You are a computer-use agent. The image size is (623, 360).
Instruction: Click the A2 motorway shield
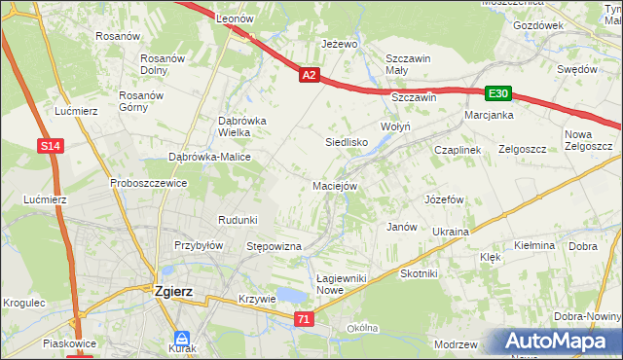(309, 75)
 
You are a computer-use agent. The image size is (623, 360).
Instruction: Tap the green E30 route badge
(498, 92)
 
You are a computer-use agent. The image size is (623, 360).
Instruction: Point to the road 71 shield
(305, 319)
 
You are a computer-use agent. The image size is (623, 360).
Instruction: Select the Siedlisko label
(346, 142)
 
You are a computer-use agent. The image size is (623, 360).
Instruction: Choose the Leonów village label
(234, 18)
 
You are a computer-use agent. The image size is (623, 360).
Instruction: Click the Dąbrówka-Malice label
(209, 157)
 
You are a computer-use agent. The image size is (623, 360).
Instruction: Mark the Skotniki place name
(419, 274)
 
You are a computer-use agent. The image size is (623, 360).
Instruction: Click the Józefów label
(442, 198)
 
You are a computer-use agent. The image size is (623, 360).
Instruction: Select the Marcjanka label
(489, 114)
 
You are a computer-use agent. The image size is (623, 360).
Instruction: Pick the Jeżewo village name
(341, 45)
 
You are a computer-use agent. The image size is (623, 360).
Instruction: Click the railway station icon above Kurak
(182, 335)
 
